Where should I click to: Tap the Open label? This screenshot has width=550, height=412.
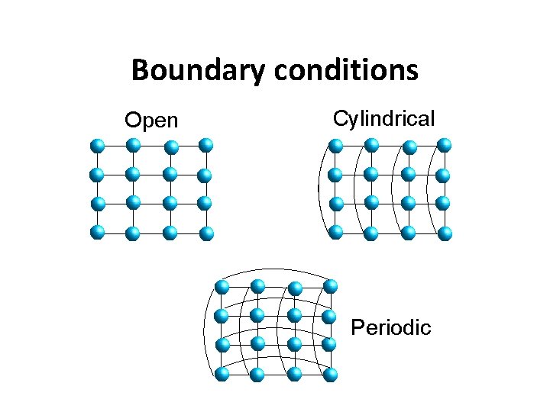pos(151,121)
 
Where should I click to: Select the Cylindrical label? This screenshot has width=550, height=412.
pos(384,119)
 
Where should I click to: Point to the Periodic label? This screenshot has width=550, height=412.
pos(390,328)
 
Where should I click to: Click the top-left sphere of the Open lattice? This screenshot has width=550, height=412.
pos(97,146)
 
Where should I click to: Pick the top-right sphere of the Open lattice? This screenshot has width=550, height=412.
pos(205,145)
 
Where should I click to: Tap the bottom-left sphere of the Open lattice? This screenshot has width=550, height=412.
pos(97,231)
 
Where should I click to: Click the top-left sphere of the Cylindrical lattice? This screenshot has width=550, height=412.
pos(335,146)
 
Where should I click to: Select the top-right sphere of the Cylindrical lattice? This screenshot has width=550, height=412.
pos(444,145)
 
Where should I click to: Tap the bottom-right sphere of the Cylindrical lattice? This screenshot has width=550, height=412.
pos(445,232)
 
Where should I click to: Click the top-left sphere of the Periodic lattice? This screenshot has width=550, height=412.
pos(222,288)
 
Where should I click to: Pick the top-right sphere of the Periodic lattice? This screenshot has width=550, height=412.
pos(330,287)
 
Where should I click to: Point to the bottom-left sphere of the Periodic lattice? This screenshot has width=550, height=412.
pos(222,373)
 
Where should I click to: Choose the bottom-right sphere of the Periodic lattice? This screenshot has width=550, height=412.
pos(330,374)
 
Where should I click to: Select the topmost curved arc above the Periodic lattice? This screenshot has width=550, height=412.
pos(275,269)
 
